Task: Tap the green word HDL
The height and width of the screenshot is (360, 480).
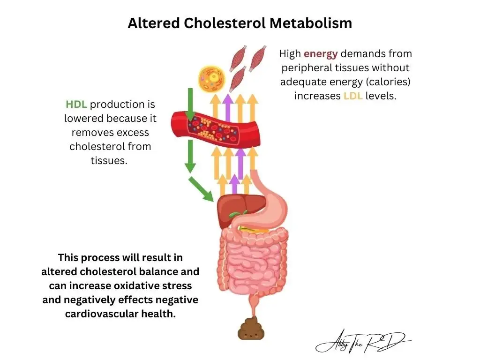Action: click(x=76, y=105)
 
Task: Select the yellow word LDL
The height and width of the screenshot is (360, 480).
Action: click(x=353, y=96)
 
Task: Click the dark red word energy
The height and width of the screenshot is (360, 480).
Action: click(x=321, y=54)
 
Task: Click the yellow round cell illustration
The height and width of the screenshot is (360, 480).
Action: click(x=211, y=78)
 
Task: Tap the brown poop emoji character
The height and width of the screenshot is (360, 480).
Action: click(x=251, y=329)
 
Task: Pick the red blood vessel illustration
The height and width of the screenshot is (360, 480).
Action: click(x=216, y=128)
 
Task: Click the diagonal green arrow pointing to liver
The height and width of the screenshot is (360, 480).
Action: click(x=201, y=189)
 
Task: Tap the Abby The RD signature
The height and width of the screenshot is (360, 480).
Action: click(x=363, y=341)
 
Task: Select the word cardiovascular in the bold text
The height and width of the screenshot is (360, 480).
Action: click(x=102, y=314)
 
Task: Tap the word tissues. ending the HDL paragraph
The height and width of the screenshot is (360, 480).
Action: click(x=109, y=161)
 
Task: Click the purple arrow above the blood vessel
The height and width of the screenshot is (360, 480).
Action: click(x=227, y=108)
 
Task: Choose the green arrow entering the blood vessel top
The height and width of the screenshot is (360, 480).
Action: click(x=190, y=105)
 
